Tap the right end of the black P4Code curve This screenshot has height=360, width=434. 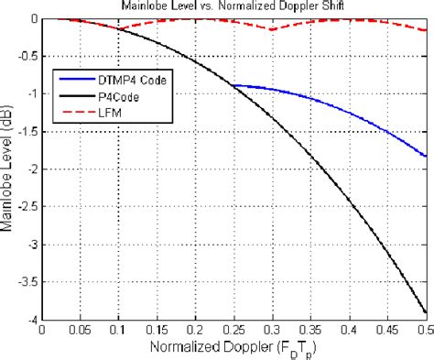click(427, 311)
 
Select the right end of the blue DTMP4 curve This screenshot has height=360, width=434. click(427, 156)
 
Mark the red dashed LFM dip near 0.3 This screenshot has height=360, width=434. click(273, 29)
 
